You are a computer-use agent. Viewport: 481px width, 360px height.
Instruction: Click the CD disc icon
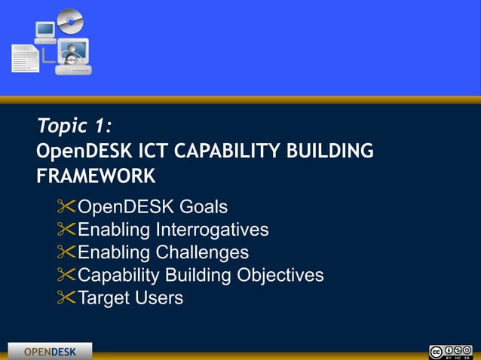tap(70, 21)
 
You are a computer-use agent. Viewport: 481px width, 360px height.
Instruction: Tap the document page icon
tap(24, 59)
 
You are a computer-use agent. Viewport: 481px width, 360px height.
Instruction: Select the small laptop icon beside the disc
tap(45, 32)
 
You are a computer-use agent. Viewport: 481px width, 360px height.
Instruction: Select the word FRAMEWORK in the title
tap(96, 176)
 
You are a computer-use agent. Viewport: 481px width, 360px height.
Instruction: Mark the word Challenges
tap(202, 252)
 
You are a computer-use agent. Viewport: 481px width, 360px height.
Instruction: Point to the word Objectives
tap(280, 275)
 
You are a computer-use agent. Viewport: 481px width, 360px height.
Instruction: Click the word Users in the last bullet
tap(159, 298)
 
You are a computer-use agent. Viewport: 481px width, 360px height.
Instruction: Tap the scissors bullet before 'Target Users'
tap(66, 298)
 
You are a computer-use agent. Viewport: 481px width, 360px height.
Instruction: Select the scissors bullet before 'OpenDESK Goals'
tap(66, 206)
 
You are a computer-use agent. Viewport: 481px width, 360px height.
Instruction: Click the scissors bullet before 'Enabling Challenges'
tap(66, 252)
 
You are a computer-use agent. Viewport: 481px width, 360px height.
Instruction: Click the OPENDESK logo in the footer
tap(50, 352)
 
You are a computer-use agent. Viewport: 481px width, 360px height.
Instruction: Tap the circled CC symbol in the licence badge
tap(436, 351)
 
